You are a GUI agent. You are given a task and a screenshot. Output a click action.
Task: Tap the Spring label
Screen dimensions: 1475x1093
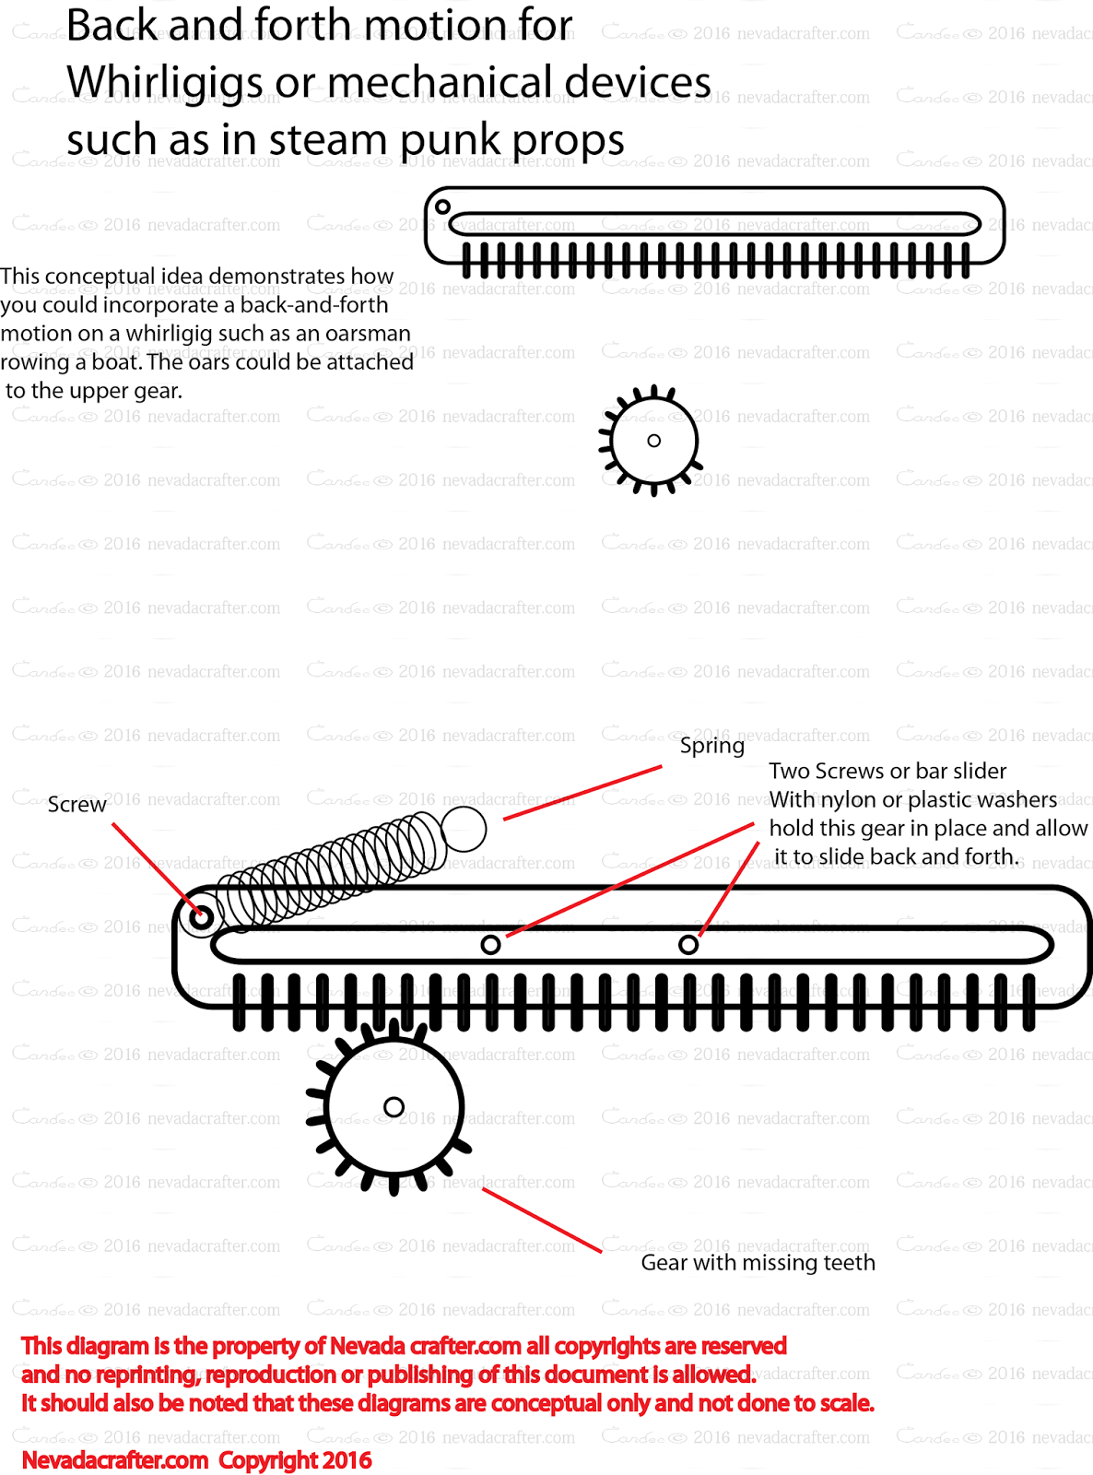click(x=711, y=746)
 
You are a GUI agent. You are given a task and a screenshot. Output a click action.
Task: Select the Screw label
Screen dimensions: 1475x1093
click(x=76, y=805)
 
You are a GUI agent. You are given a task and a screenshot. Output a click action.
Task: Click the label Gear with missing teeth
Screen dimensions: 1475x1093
click(x=758, y=1263)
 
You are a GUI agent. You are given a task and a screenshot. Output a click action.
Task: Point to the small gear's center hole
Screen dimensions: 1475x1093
click(x=653, y=441)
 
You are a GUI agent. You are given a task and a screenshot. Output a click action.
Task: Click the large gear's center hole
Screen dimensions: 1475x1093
click(x=394, y=1106)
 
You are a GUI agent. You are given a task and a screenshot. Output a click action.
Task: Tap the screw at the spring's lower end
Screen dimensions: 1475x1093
click(x=202, y=917)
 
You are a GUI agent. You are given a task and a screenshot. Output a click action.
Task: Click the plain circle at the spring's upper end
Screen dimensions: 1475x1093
click(x=464, y=829)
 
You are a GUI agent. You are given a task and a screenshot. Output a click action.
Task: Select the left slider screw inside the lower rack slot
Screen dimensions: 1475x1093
click(x=491, y=944)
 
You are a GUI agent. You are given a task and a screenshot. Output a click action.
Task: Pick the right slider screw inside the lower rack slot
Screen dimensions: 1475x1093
click(x=688, y=944)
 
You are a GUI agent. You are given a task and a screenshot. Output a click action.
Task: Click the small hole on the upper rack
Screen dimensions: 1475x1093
click(x=442, y=206)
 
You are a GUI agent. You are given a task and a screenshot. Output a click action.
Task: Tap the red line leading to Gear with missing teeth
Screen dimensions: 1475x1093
click(x=542, y=1221)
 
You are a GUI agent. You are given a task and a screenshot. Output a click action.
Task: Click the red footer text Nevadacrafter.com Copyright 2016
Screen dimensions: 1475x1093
click(x=196, y=1460)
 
